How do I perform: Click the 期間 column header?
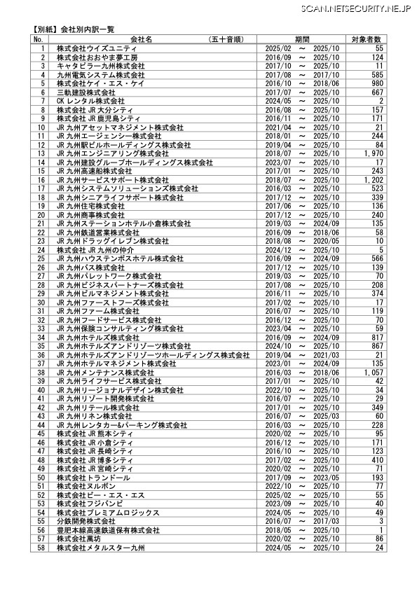pyautogui.click(x=303, y=39)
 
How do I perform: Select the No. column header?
pyautogui.click(x=39, y=39)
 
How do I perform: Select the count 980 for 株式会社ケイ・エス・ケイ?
pyautogui.click(x=377, y=83)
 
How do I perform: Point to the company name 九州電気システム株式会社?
pyautogui.click(x=101, y=74)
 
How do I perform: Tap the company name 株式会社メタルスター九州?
pyautogui.click(x=100, y=547)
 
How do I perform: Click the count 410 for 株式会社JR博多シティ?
pyautogui.click(x=377, y=459)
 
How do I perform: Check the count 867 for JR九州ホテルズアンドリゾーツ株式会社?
pyautogui.click(x=377, y=346)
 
